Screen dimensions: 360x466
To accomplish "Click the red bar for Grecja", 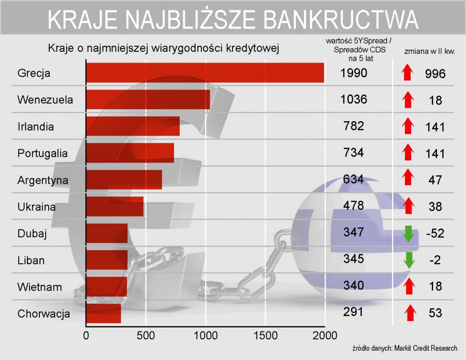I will coord(205,73).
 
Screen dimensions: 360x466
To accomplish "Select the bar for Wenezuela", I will coord(148,99).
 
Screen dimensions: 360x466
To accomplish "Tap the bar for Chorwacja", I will coord(104,313).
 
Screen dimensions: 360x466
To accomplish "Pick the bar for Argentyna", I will coord(124,180).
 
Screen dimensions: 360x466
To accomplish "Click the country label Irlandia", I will coord(35,126).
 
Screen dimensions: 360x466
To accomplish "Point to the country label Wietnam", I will coord(39,287).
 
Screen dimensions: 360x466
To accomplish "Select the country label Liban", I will coord(31,260).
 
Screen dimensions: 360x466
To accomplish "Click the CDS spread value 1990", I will coord(354,73).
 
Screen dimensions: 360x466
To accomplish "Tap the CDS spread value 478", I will coord(354,206).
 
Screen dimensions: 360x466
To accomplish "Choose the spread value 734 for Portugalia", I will coord(354,152).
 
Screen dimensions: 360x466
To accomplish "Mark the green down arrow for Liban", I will coord(409,259).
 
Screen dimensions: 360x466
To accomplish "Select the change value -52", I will coord(435,233).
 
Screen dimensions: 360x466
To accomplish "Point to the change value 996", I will coord(435,74).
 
